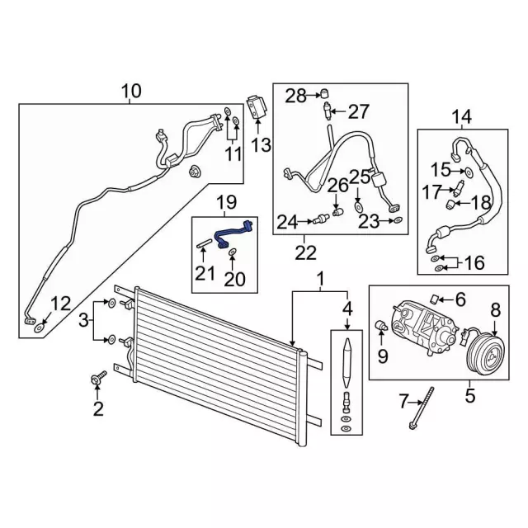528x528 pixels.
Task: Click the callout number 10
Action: click(131, 92)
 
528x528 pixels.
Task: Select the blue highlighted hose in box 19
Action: click(233, 233)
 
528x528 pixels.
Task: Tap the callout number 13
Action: click(262, 145)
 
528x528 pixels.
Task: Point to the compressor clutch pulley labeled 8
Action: click(485, 356)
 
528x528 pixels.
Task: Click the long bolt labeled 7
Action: click(422, 408)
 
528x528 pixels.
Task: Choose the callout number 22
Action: click(306, 252)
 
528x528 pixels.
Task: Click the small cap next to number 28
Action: click(324, 93)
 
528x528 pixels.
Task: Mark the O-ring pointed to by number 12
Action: click(40, 327)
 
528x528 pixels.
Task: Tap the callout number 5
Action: click(470, 395)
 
